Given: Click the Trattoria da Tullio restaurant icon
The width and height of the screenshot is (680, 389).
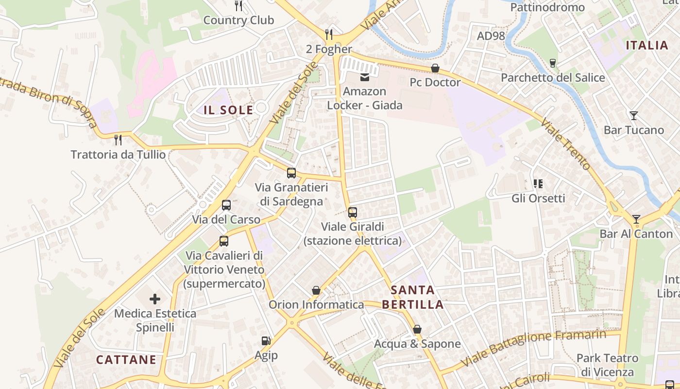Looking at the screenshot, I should (118, 140).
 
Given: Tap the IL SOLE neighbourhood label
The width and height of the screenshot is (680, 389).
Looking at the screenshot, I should (228, 110).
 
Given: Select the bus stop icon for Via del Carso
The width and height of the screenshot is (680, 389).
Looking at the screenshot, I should (226, 205).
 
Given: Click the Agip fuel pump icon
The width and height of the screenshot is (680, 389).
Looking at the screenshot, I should (266, 341).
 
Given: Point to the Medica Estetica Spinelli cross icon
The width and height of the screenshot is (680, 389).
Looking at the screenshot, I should (155, 299).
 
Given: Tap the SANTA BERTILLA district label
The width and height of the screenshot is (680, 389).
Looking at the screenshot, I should (412, 297).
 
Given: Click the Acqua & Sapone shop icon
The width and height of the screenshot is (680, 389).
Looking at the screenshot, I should (417, 330).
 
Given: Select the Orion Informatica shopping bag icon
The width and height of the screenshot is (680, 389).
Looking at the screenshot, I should (316, 290).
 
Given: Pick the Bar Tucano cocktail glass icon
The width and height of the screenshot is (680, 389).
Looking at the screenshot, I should (633, 116).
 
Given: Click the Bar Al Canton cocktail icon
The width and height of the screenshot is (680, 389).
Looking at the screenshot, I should (636, 219).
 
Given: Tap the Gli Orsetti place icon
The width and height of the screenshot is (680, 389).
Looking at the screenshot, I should (538, 184).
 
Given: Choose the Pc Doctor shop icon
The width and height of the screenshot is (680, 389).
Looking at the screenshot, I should (435, 68).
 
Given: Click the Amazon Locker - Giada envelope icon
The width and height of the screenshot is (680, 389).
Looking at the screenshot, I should (364, 77).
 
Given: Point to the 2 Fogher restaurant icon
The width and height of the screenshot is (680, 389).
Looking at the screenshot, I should (329, 34).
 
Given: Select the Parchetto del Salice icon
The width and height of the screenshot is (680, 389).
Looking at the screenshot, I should (552, 63).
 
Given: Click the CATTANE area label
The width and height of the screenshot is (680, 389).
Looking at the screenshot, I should (126, 360).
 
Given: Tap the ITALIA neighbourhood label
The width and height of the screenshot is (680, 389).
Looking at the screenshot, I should (647, 46).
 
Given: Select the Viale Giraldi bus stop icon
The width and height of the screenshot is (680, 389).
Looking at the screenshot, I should (353, 212).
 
